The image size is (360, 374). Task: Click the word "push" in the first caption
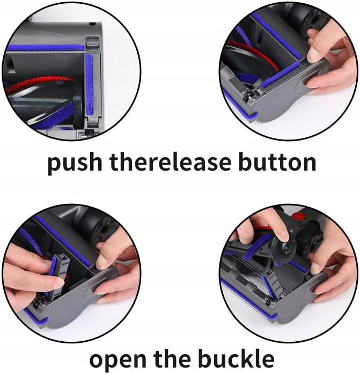[x=75, y=163]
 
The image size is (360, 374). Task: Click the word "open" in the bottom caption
[x=118, y=361]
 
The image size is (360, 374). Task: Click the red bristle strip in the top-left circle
[x=41, y=84]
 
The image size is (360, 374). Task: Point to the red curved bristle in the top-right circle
[x=253, y=54]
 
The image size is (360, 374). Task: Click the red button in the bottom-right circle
[x=298, y=217]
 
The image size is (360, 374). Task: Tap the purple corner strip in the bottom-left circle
[x=36, y=317]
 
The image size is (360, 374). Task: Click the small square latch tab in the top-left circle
[x=92, y=42]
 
